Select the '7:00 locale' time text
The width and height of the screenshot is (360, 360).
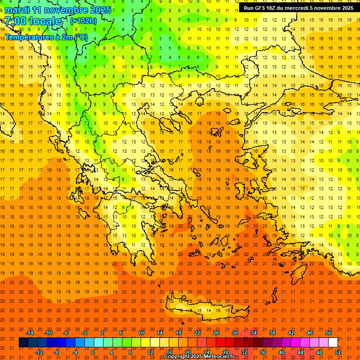pyautogui.click(x=33, y=21)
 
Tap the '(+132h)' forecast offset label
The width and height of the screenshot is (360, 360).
pyautogui.click(x=83, y=21)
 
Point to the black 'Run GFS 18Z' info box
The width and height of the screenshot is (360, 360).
pyautogui.click(x=299, y=8)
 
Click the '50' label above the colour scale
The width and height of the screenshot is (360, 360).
pyautogui.click(x=328, y=333)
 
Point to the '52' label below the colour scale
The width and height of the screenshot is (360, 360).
pyautogui.click(x=338, y=352)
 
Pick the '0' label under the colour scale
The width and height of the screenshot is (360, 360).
pyautogui.click(x=93, y=352)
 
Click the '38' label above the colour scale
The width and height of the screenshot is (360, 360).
pyautogui.click(x=272, y=333)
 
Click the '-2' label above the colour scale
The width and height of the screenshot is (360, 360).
pyautogui.click(x=84, y=333)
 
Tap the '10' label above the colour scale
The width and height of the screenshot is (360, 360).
pyautogui.click(x=141, y=333)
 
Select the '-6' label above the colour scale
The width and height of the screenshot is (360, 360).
pyautogui.click(x=66, y=333)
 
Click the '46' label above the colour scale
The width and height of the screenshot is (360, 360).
pyautogui.click(x=309, y=333)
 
